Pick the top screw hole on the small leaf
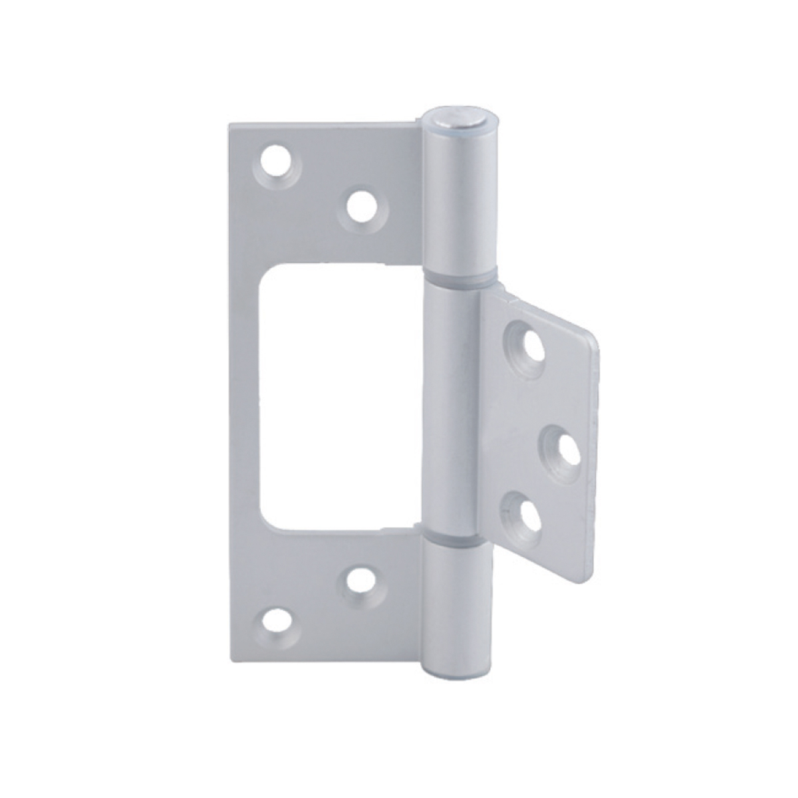(x=533, y=344)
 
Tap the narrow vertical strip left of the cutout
(x=247, y=399)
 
